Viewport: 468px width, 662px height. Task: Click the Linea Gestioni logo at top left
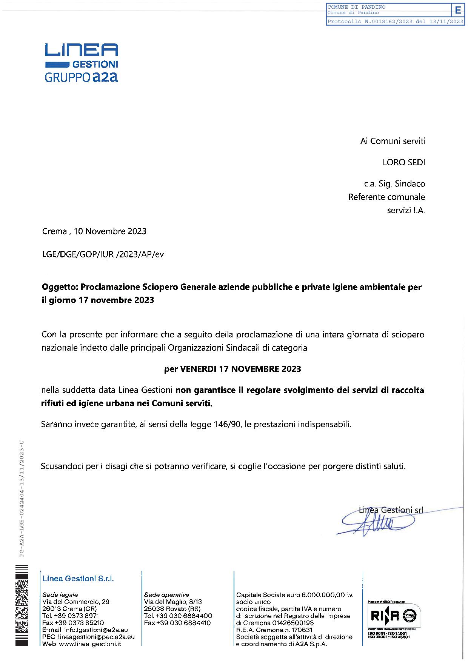click(81, 62)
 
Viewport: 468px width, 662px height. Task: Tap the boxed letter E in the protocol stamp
click(458, 10)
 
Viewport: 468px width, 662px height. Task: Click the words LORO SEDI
click(403, 162)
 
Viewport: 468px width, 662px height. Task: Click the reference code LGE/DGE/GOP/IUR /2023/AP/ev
click(103, 254)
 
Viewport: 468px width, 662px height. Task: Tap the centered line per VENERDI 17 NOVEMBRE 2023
click(232, 369)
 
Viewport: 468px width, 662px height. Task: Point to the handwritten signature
click(377, 523)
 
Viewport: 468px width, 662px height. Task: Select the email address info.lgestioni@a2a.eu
click(96, 630)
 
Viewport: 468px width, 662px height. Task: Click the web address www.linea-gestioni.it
click(90, 644)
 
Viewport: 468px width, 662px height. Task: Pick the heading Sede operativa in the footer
click(166, 595)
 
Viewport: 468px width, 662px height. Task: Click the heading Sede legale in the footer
click(60, 595)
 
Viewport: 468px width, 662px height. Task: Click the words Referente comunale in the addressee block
click(386, 197)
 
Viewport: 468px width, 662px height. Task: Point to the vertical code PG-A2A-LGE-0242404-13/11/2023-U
click(22, 498)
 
